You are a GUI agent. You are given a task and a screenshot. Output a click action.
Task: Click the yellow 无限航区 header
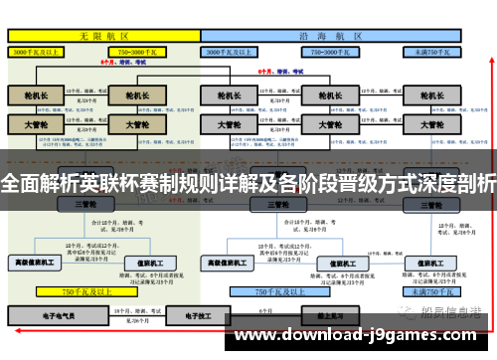(x=100, y=35)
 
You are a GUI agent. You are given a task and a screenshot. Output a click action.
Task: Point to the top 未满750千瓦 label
(x=429, y=50)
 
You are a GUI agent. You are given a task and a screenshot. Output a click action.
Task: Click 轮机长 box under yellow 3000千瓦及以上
(x=38, y=95)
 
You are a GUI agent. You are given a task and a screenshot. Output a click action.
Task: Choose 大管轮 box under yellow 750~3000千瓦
(x=136, y=125)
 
